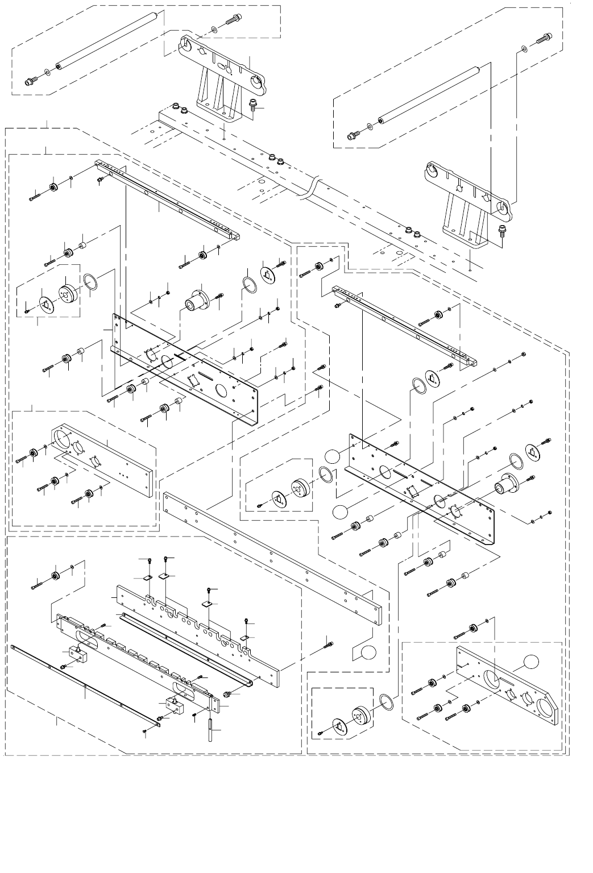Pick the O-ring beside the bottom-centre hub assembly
(x=385, y=701)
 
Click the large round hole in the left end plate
(x=63, y=440)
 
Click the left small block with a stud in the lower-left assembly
(x=78, y=654)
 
